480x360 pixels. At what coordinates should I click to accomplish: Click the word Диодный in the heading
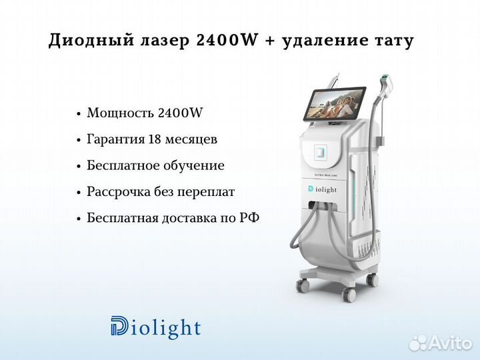click(91, 41)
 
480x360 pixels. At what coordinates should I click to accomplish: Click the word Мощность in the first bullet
click(120, 113)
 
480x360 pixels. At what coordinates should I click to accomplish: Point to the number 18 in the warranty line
click(155, 139)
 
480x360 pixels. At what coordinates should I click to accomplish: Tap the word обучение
click(193, 166)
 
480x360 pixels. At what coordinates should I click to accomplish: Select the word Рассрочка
click(119, 192)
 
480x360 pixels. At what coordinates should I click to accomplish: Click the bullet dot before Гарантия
click(79, 141)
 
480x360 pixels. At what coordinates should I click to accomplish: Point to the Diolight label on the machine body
click(323, 189)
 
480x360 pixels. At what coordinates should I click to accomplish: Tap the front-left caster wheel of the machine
click(302, 286)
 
